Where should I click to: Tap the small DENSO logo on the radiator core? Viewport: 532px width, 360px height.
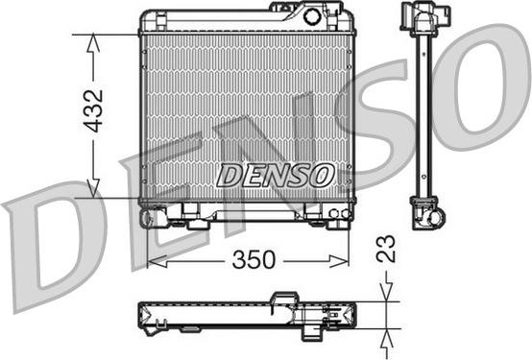tap(275, 175)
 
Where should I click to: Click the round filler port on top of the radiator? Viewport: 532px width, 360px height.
tap(312, 15)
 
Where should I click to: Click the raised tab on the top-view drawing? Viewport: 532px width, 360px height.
tap(284, 298)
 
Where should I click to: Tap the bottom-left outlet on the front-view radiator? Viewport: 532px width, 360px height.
tap(147, 217)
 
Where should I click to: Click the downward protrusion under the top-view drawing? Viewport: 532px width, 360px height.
tap(314, 331)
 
